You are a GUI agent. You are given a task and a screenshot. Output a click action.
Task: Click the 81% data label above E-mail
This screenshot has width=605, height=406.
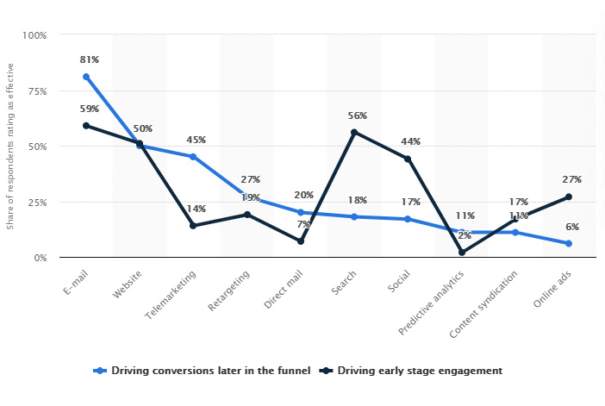pos(90,59)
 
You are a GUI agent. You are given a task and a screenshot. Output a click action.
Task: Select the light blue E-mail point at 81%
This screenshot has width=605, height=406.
pos(86,77)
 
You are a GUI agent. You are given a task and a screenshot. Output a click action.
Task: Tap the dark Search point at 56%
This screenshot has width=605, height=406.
pos(354,132)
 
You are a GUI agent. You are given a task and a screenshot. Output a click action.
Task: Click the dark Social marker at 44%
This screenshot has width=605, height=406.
pos(408,159)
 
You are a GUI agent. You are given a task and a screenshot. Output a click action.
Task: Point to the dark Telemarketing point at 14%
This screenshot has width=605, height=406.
pos(193,226)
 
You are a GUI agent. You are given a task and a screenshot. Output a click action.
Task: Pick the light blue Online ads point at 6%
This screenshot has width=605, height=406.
pos(569,243)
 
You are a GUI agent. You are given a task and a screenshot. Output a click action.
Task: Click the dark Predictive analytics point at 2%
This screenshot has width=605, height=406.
pos(462,253)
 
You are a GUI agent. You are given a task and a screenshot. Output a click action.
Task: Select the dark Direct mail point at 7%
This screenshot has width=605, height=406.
pos(301,241)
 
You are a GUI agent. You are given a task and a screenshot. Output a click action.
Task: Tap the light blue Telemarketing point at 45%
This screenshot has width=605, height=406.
pos(193,157)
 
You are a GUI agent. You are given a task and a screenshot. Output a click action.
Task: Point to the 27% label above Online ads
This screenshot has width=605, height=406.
pos(571,179)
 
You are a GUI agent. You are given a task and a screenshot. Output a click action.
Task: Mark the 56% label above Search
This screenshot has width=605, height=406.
pos(358,116)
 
